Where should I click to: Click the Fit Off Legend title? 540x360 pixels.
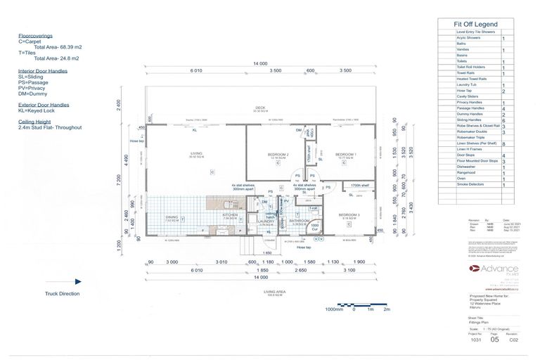476,24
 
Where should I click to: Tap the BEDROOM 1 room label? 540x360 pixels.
345,155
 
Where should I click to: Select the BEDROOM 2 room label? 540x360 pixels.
278,155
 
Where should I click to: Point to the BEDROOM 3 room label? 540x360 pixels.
349,215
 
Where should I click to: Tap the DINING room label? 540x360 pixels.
172,218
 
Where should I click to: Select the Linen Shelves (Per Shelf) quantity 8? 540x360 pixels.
503,143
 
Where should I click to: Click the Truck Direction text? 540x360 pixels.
62,294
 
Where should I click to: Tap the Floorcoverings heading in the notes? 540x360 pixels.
35,35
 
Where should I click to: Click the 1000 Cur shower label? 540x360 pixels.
316,226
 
